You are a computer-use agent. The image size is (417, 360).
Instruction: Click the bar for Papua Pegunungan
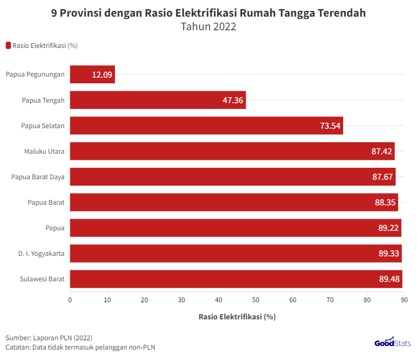point(92,75)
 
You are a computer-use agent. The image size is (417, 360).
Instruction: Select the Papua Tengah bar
point(158,100)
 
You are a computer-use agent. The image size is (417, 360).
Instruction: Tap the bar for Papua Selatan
point(206,126)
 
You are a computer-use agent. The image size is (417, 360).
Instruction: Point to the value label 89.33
point(389,253)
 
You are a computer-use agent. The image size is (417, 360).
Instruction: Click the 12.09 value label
point(102,75)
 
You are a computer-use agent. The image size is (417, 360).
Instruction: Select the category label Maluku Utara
point(44,152)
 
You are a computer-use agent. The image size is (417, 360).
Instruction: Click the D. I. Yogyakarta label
point(42,254)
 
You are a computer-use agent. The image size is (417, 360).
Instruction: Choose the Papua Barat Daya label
point(38,177)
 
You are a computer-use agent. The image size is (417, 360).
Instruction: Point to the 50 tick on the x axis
point(256,300)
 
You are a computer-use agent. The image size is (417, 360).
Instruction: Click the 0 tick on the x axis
point(70,300)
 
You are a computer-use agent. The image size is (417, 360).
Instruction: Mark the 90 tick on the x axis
point(403,300)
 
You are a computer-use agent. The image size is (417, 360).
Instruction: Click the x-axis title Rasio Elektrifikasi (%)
point(237,316)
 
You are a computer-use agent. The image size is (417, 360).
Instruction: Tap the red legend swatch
point(8,45)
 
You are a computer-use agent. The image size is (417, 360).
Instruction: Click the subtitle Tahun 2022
point(208,27)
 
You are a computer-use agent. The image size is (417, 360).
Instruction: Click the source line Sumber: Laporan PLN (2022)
point(49,338)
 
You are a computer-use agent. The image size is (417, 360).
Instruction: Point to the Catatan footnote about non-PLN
point(80,347)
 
